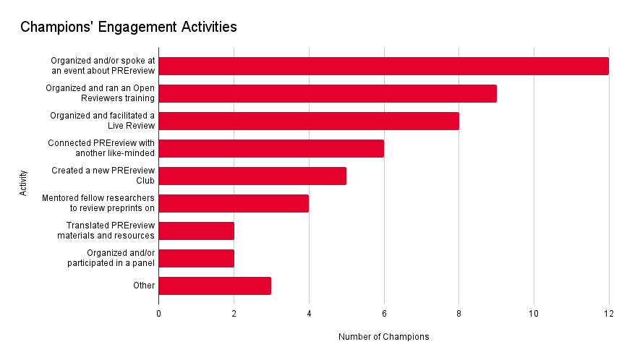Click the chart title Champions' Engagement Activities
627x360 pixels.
[x=129, y=27]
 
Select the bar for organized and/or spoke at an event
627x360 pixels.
[x=383, y=66]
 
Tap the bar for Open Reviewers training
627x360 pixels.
[x=327, y=93]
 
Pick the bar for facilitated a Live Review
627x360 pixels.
[x=308, y=121]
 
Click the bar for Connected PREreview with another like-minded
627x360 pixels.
[x=270, y=148]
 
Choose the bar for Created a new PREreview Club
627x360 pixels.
[x=252, y=176]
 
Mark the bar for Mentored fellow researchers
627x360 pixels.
[x=233, y=203]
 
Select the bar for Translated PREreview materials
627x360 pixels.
[x=196, y=231]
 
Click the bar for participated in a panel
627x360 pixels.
[x=196, y=258]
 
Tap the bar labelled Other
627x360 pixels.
[x=215, y=286]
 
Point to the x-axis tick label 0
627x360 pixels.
[x=158, y=313]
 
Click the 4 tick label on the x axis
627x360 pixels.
[x=309, y=313]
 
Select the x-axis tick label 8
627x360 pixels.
[x=458, y=313]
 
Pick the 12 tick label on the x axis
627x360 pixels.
[x=608, y=313]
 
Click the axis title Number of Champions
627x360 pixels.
[x=383, y=337]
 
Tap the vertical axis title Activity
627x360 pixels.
[x=24, y=183]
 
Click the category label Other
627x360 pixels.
[x=144, y=286]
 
